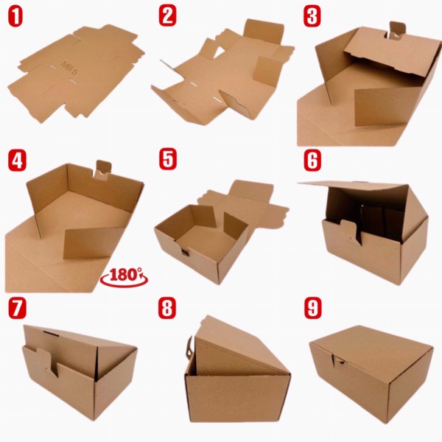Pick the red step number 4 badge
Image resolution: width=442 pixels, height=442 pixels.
[x=16, y=160]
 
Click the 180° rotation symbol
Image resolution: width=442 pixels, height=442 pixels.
[x=127, y=275]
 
